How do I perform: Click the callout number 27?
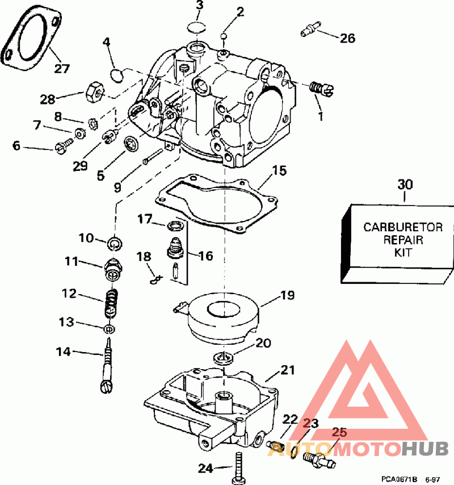point(62,68)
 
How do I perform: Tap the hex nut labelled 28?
point(95,92)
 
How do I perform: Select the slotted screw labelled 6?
point(64,145)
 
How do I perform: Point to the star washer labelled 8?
point(93,123)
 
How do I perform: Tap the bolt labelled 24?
point(238,468)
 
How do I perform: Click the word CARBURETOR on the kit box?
point(403,228)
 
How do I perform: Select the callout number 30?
point(405,185)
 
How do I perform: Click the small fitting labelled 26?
point(310,29)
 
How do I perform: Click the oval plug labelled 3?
point(196,27)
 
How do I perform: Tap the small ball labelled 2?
point(224,36)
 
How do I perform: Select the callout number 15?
point(279,171)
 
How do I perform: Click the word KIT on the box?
point(403,253)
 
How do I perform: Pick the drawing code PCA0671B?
point(399,479)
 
